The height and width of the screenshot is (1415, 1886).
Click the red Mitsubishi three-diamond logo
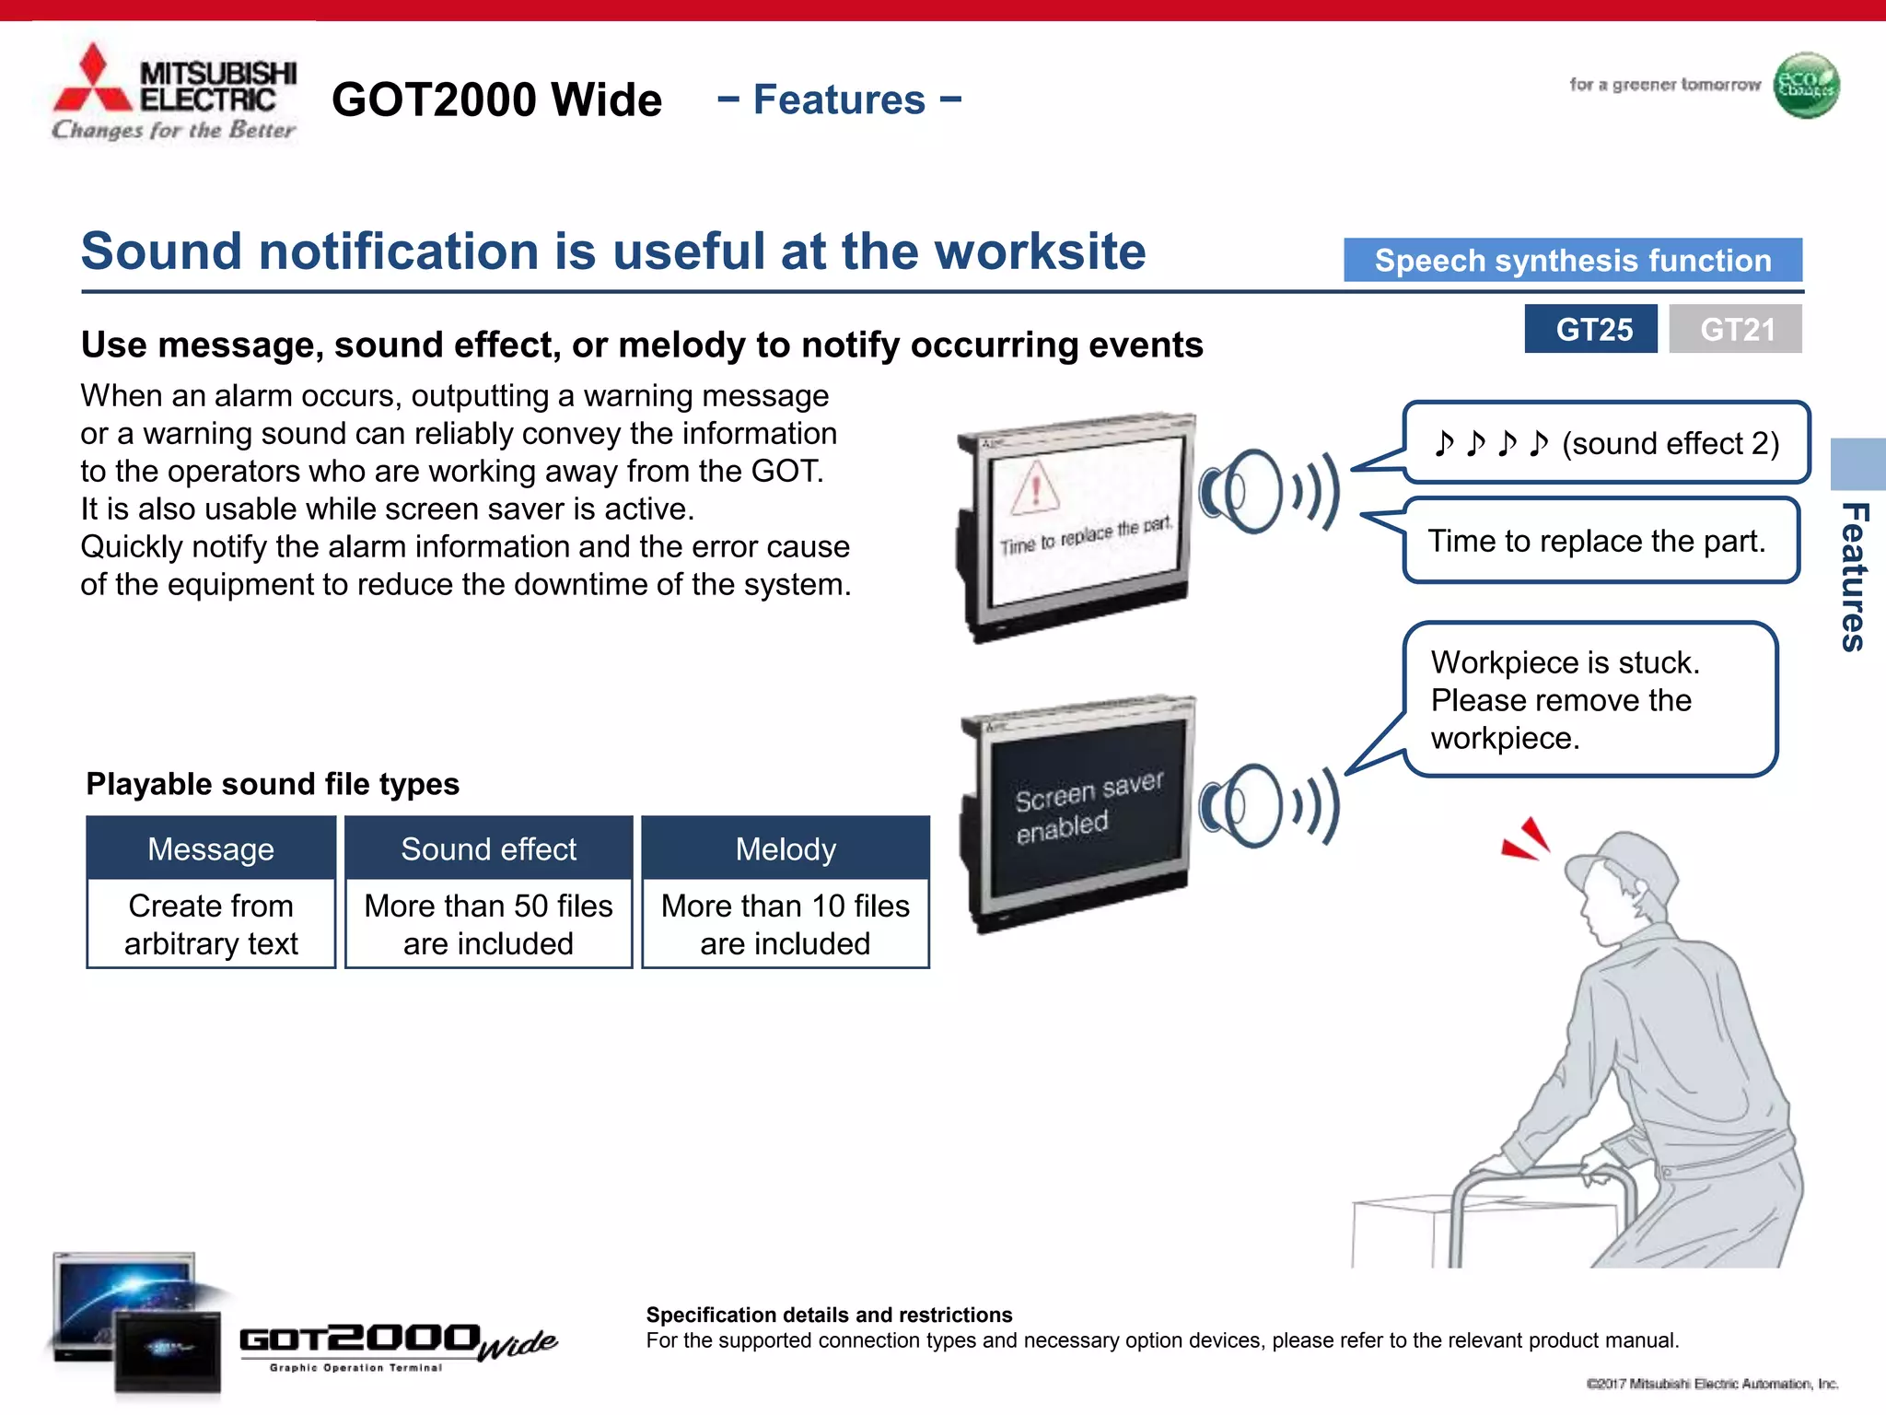(x=92, y=81)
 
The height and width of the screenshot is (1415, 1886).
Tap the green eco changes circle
(x=1806, y=86)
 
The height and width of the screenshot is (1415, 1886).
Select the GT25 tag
(x=1590, y=329)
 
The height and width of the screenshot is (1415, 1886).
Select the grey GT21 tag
(x=1735, y=329)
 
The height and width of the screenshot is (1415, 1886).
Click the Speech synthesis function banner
(x=1572, y=261)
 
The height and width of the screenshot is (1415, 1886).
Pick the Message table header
(x=211, y=848)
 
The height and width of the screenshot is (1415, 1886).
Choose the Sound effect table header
(x=488, y=848)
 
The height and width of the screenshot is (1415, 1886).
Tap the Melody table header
(x=786, y=848)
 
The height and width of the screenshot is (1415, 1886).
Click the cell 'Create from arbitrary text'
(x=211, y=924)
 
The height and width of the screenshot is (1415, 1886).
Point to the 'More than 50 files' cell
(x=488, y=924)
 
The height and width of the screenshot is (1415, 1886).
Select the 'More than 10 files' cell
(x=786, y=924)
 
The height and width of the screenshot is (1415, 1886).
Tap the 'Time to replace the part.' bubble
(x=1599, y=541)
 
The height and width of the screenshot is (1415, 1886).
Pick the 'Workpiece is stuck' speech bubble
(x=1589, y=700)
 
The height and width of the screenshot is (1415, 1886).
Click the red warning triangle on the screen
(x=1036, y=487)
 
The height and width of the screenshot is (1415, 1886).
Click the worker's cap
(x=1621, y=861)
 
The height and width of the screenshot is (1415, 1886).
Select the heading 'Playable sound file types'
(x=273, y=784)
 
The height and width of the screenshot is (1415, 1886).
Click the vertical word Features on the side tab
(x=1854, y=577)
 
